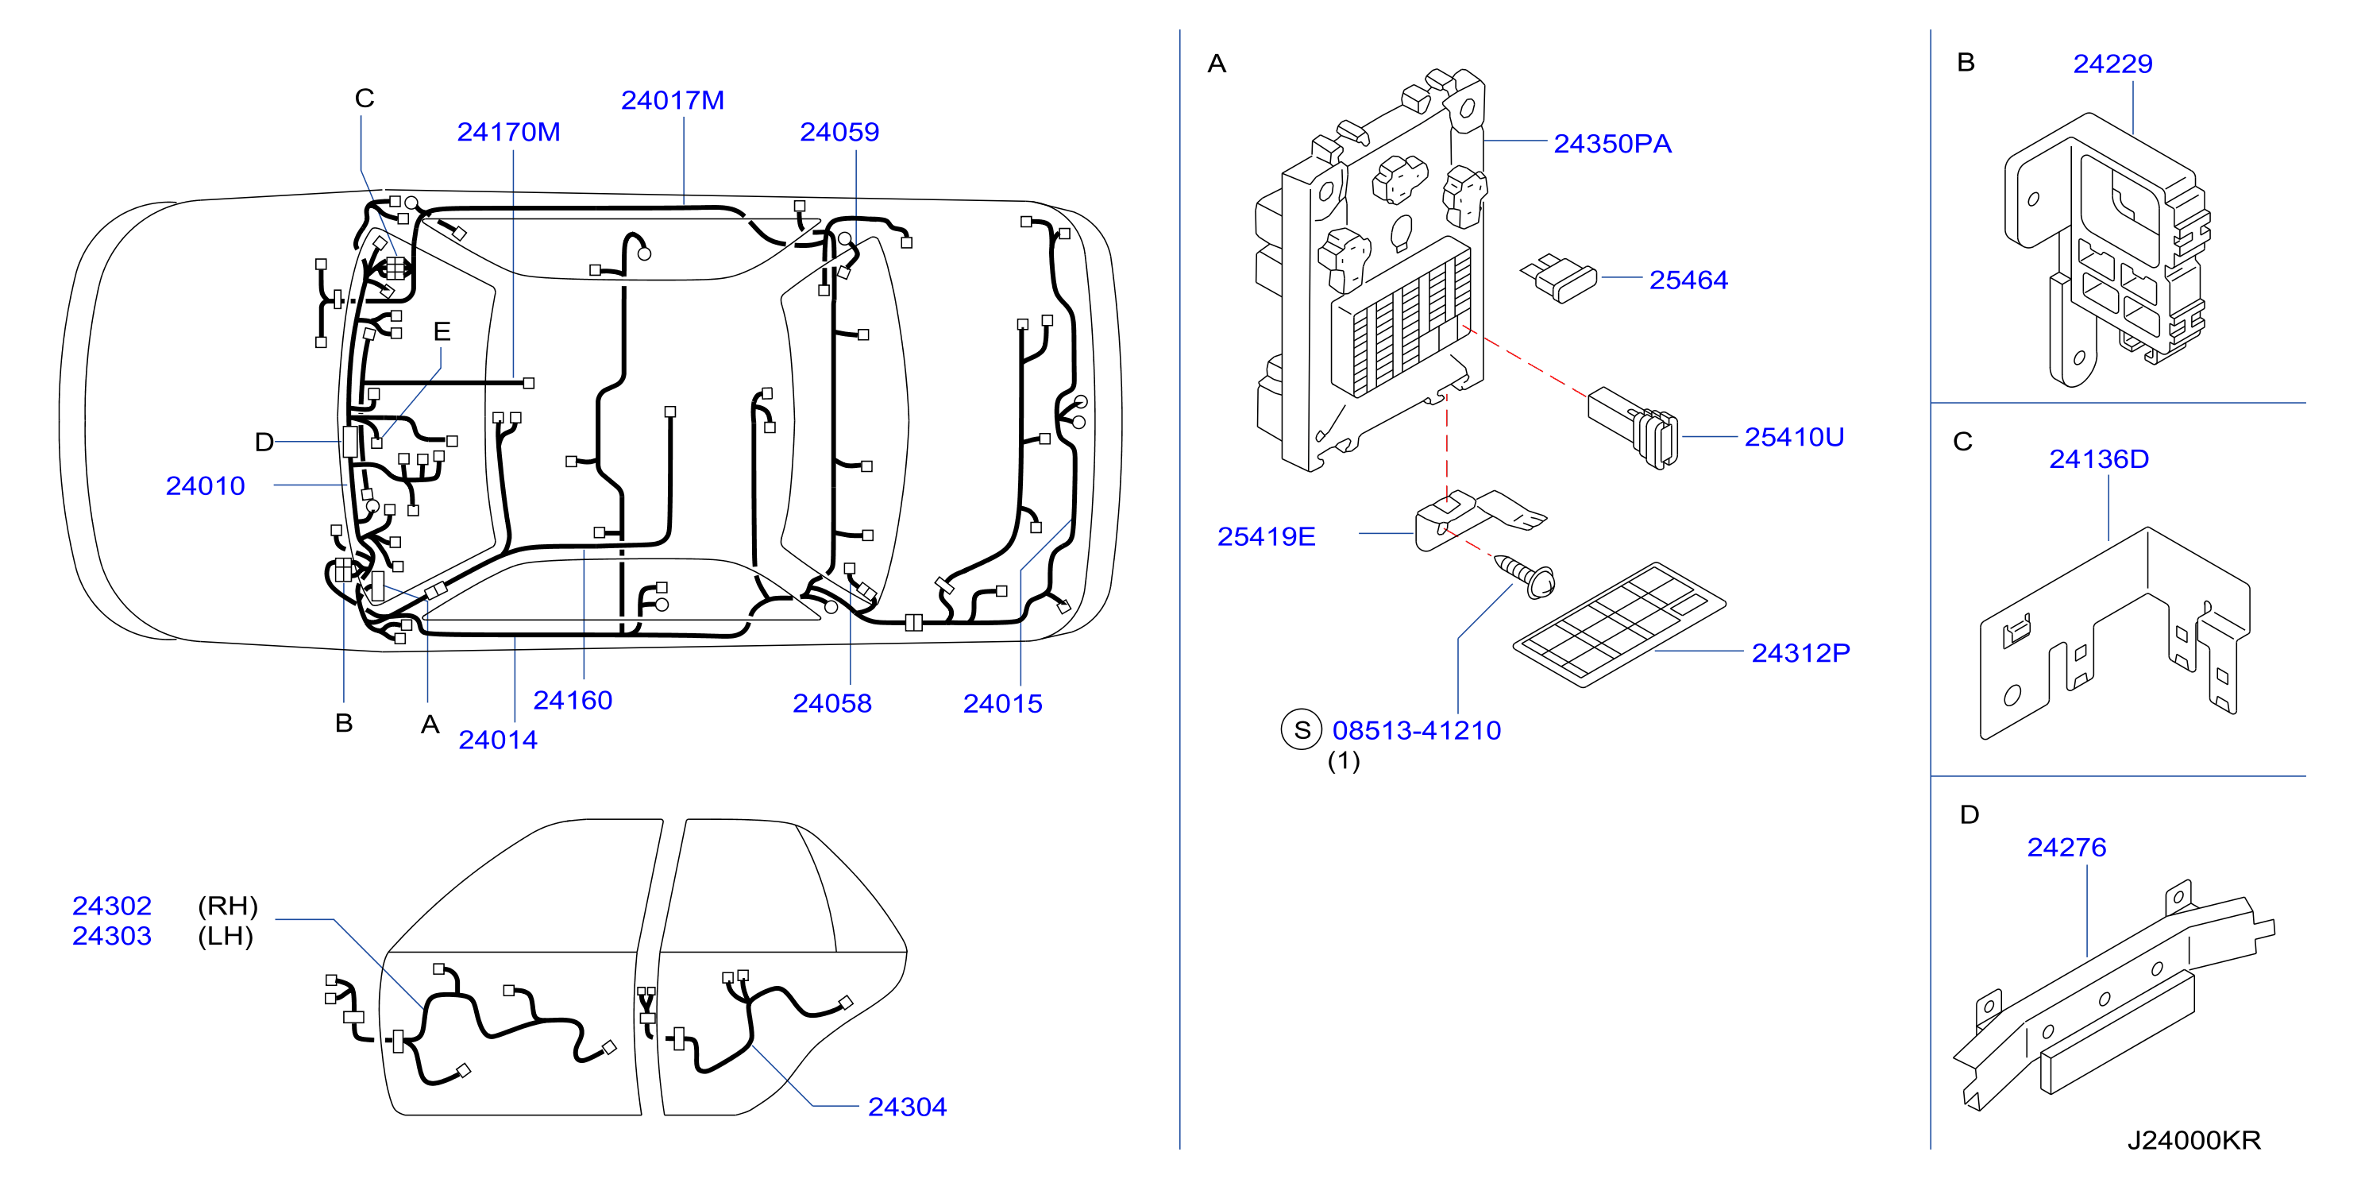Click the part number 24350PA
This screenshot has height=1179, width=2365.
point(1612,144)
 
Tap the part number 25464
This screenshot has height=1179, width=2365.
point(1688,280)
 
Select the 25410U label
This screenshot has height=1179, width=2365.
point(1794,437)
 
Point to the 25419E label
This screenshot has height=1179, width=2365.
point(1266,536)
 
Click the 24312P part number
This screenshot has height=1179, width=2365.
point(1800,653)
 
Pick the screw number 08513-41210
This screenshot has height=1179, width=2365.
point(1417,731)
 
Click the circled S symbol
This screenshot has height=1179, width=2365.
point(1302,730)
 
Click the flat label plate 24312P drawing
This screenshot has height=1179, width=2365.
point(1619,624)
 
